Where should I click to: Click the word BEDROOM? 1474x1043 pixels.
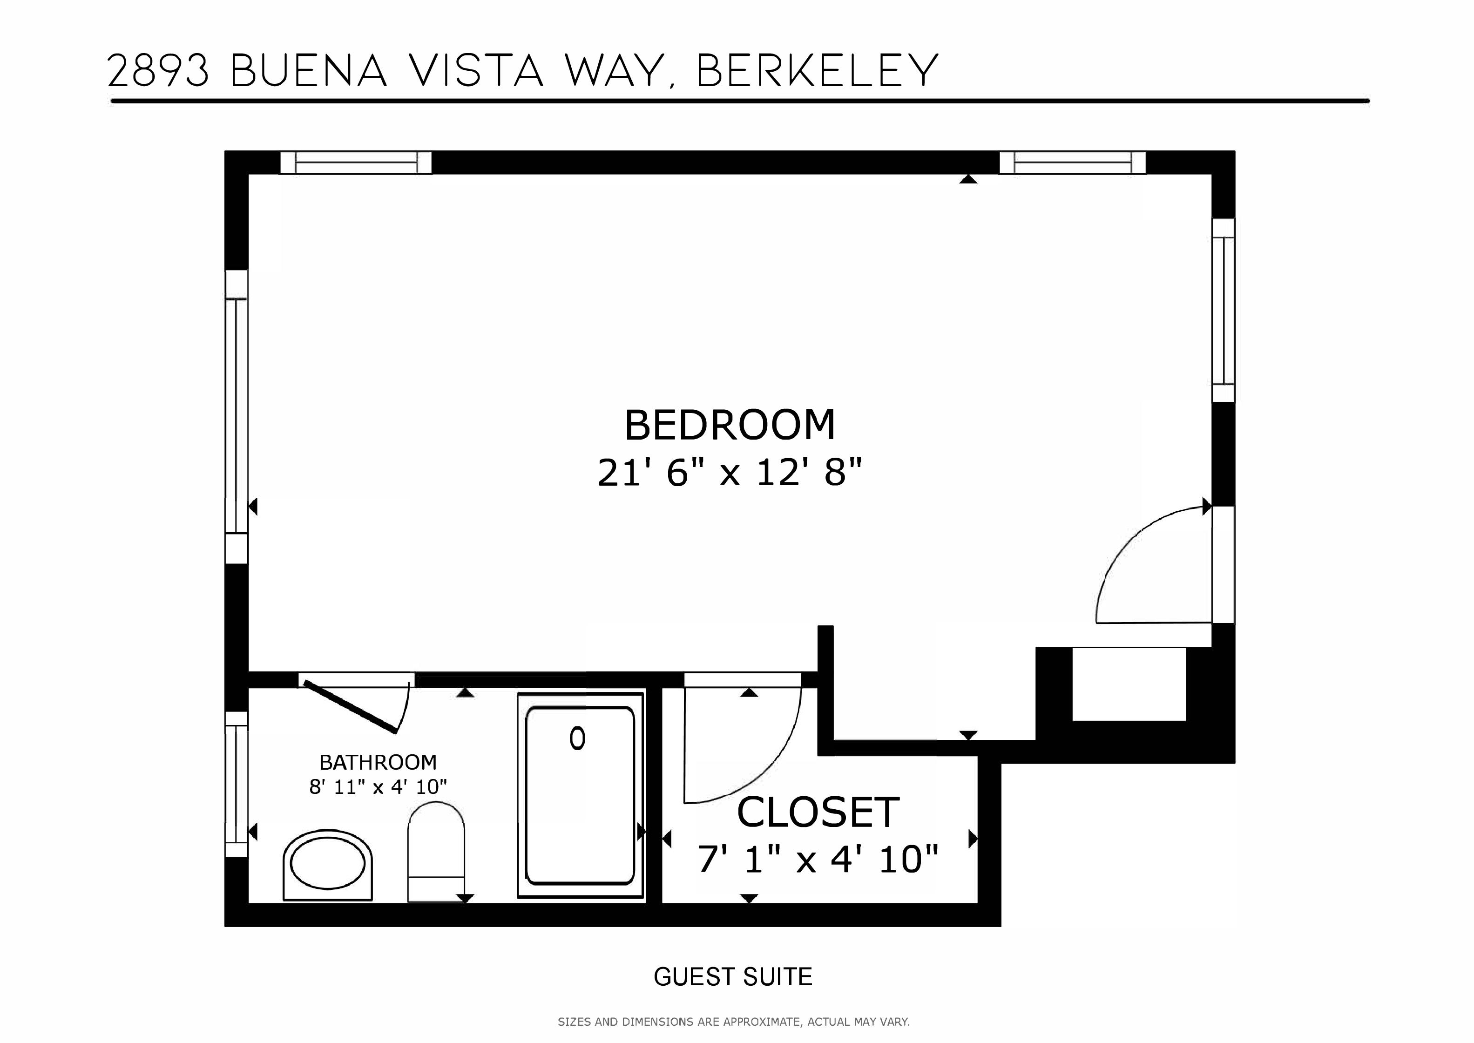point(730,425)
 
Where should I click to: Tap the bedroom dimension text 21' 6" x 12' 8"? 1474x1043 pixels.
point(729,474)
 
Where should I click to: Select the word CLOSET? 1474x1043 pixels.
point(818,813)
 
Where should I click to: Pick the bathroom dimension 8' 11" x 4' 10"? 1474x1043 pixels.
point(378,787)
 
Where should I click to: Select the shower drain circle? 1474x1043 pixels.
point(577,738)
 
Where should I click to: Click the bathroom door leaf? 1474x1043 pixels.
point(350,706)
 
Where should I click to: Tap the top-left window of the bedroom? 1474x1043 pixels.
point(356,163)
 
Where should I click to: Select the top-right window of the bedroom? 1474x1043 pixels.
point(1072,163)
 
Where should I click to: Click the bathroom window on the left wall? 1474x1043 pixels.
point(236,784)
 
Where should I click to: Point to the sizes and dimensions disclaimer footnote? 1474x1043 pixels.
point(733,1022)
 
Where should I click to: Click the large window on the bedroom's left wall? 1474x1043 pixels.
point(236,417)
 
